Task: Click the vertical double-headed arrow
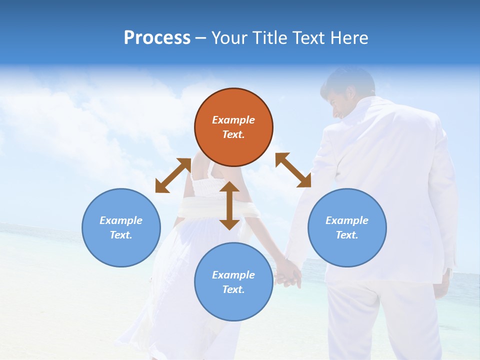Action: click(229, 205)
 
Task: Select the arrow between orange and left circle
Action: click(173, 175)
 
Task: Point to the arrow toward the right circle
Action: click(293, 170)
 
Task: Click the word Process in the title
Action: click(157, 38)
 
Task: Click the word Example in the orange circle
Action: click(233, 120)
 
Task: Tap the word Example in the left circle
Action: click(121, 220)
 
